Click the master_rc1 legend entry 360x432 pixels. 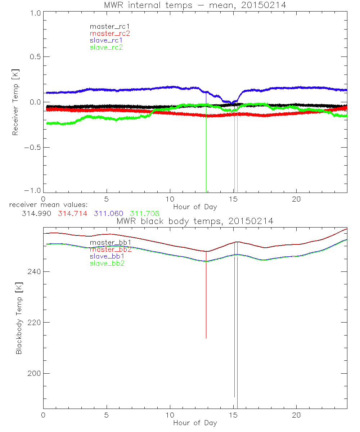point(106,26)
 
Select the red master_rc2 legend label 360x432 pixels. point(110,33)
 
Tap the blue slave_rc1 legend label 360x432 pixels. point(106,40)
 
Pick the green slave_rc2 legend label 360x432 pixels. point(106,47)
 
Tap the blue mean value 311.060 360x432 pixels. point(108,213)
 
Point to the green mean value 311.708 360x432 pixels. point(145,213)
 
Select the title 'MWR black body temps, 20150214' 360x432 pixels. point(195,221)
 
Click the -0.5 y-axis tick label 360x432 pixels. point(33,148)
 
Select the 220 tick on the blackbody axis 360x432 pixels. point(34,323)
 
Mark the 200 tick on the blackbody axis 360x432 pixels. point(34,374)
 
